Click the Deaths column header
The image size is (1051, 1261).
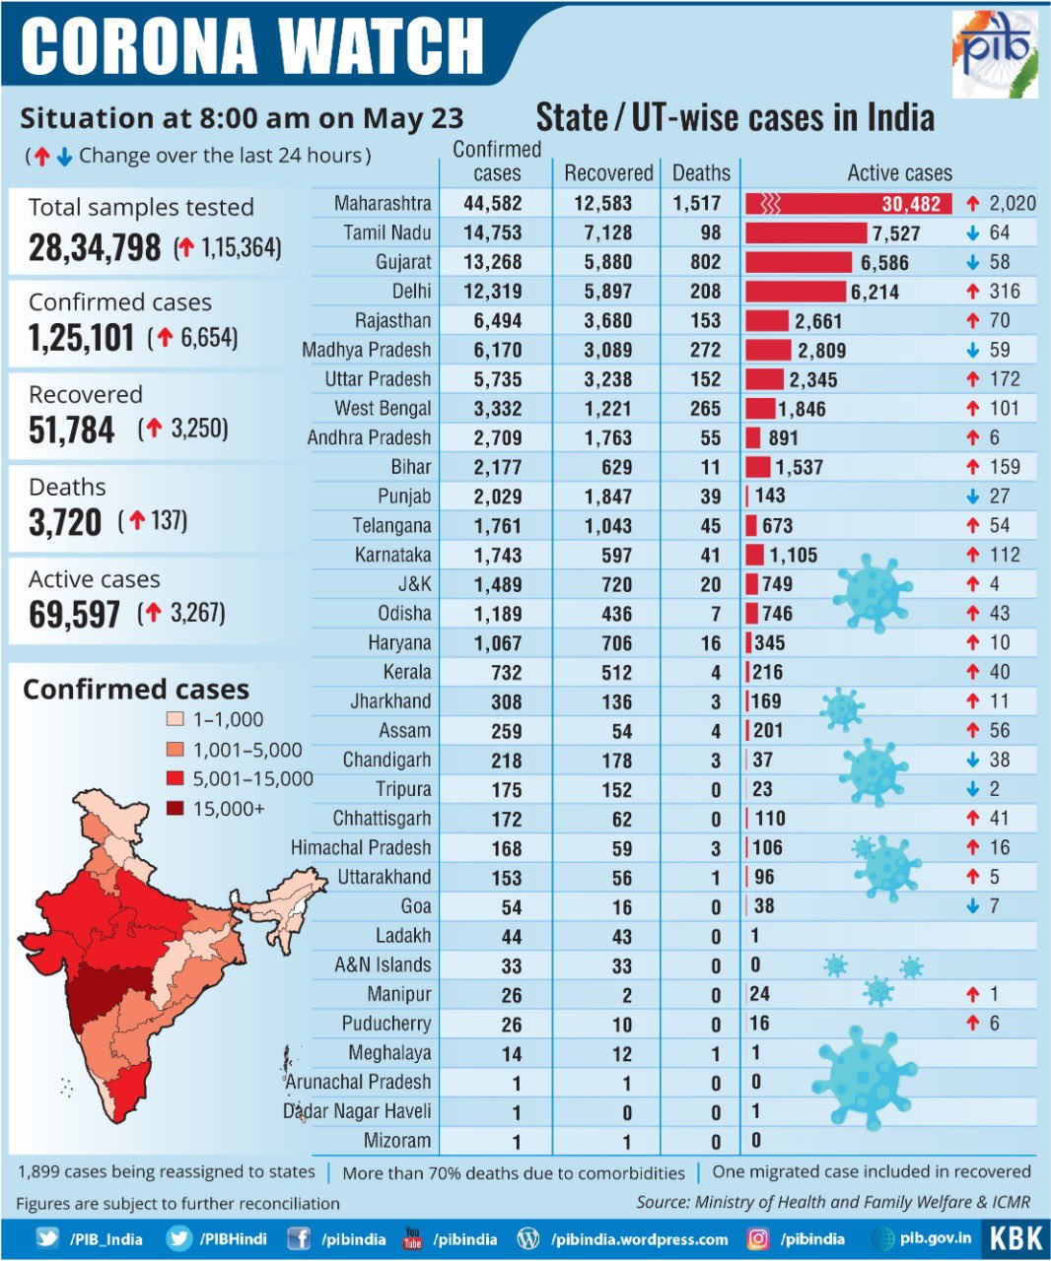pyautogui.click(x=701, y=173)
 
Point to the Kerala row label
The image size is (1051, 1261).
pyautogui.click(x=407, y=672)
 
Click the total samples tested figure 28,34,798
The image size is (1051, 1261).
pyautogui.click(x=95, y=247)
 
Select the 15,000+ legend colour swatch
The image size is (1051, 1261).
pyautogui.click(x=175, y=809)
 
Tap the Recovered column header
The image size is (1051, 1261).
pyautogui.click(x=608, y=173)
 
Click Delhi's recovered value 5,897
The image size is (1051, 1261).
pyautogui.click(x=608, y=292)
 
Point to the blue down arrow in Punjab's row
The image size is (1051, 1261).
pyautogui.click(x=973, y=497)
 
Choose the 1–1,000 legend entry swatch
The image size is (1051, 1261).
pyautogui.click(x=175, y=720)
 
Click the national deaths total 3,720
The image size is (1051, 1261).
pyautogui.click(x=65, y=522)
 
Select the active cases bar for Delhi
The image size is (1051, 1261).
pyautogui.click(x=796, y=292)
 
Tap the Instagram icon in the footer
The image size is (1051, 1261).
pyautogui.click(x=757, y=1239)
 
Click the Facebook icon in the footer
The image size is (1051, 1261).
pyautogui.click(x=300, y=1239)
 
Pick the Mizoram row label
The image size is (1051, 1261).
pyautogui.click(x=398, y=1141)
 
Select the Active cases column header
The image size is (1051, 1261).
pyautogui.click(x=899, y=173)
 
